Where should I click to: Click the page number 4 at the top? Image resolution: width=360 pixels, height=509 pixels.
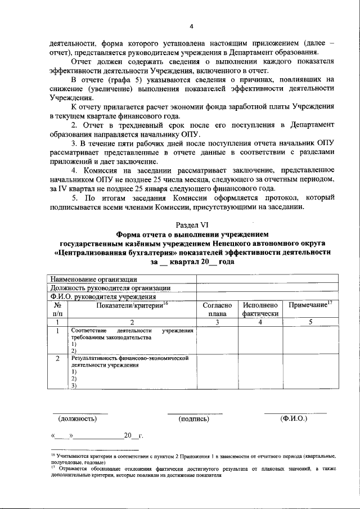click(x=191, y=26)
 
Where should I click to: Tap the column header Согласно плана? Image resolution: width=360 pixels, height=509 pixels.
click(x=217, y=309)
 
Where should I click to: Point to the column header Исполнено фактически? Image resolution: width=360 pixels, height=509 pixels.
click(x=261, y=309)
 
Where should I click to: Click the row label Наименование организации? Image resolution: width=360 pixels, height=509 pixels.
click(x=93, y=279)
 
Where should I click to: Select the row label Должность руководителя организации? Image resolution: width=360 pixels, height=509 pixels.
click(x=110, y=288)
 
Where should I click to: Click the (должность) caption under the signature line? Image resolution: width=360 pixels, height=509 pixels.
click(x=78, y=418)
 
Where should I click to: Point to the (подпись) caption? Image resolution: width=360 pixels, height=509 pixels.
click(x=194, y=418)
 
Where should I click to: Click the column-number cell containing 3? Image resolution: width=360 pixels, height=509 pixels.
click(x=217, y=322)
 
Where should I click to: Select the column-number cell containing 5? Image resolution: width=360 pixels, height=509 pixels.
click(x=310, y=322)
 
